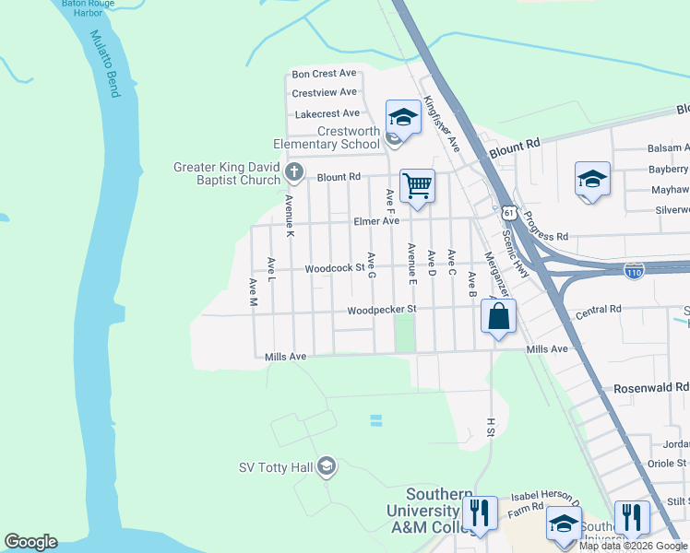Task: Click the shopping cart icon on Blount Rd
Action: coord(417,184)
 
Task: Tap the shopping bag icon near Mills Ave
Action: coord(498,316)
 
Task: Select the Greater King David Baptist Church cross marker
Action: coord(293,172)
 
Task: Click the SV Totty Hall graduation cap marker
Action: coord(326,467)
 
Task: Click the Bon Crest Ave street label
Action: coord(324,74)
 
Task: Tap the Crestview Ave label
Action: coord(324,93)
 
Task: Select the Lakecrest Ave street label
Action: coord(327,114)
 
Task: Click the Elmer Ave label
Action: coord(376,222)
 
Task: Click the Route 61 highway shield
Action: coord(508,213)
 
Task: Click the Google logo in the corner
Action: coord(30,542)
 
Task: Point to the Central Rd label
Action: coord(599,311)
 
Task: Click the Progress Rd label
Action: coord(549,235)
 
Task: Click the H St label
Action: coord(490,427)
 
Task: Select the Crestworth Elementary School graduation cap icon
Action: coord(403,117)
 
